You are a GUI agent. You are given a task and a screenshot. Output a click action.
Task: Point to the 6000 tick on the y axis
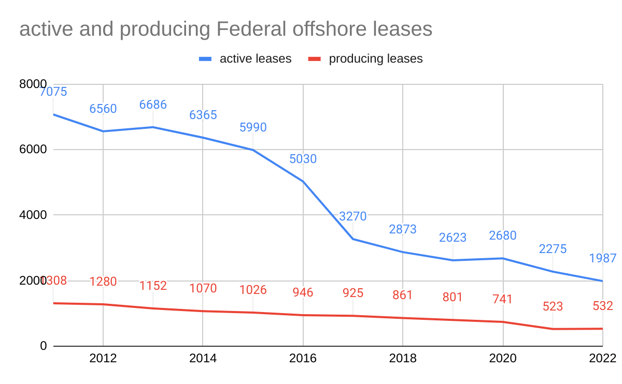[33, 150]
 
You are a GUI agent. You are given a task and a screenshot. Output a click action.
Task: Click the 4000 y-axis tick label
[33, 215]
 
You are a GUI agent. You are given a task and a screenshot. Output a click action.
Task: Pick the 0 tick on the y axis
[44, 346]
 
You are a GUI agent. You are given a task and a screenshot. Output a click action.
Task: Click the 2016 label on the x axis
[303, 359]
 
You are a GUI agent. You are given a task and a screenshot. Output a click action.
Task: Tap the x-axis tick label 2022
[602, 359]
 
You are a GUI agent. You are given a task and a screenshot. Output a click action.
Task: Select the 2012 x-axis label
[103, 359]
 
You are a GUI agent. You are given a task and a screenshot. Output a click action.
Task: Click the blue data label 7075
[53, 92]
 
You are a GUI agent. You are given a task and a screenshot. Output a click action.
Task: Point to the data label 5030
[303, 159]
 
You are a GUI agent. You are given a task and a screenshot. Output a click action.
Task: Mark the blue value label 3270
[353, 216]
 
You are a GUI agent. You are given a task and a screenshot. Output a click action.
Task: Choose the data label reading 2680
[503, 235]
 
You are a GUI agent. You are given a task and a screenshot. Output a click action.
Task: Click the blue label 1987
[603, 258]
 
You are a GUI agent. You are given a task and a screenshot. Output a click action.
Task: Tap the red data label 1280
[103, 282]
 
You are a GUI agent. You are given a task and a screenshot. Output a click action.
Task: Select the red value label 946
[303, 293]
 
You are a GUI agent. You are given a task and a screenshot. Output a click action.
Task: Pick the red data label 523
[553, 306]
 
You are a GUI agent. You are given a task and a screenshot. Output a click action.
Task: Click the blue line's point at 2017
[353, 239]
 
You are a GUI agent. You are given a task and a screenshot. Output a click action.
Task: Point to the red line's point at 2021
[553, 329]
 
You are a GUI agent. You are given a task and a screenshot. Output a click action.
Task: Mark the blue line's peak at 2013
[153, 127]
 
